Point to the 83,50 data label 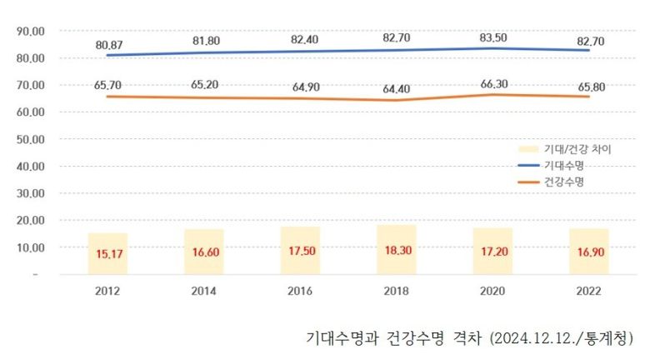pos(494,37)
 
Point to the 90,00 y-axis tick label pos(31,31)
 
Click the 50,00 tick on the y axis pos(31,139)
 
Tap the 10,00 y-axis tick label pos(31,247)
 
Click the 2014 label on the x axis pos(204,292)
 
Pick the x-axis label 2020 pos(494,292)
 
